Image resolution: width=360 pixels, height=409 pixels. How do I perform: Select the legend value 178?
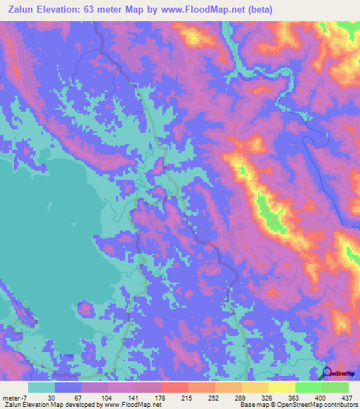click(161, 398)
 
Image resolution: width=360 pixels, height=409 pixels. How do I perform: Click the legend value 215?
click(188, 398)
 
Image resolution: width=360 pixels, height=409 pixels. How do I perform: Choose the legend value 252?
click(214, 398)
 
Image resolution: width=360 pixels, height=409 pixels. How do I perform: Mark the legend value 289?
click(241, 398)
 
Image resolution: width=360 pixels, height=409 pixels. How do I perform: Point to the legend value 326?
click(268, 398)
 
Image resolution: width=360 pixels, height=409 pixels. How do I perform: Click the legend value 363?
click(295, 398)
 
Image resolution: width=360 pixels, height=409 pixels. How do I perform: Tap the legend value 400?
click(321, 398)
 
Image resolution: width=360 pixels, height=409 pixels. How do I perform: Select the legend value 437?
click(347, 398)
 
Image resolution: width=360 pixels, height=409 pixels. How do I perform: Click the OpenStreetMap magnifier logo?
click(328, 372)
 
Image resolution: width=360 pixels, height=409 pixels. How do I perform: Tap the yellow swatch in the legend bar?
click(281, 387)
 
